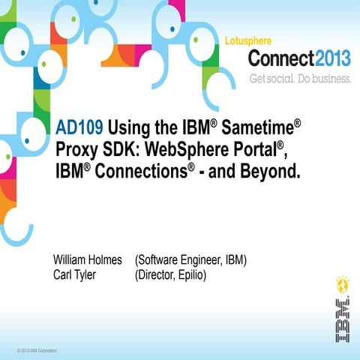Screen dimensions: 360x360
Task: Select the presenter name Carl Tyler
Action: (x=75, y=274)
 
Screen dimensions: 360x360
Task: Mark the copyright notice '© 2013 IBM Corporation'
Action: (x=37, y=349)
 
